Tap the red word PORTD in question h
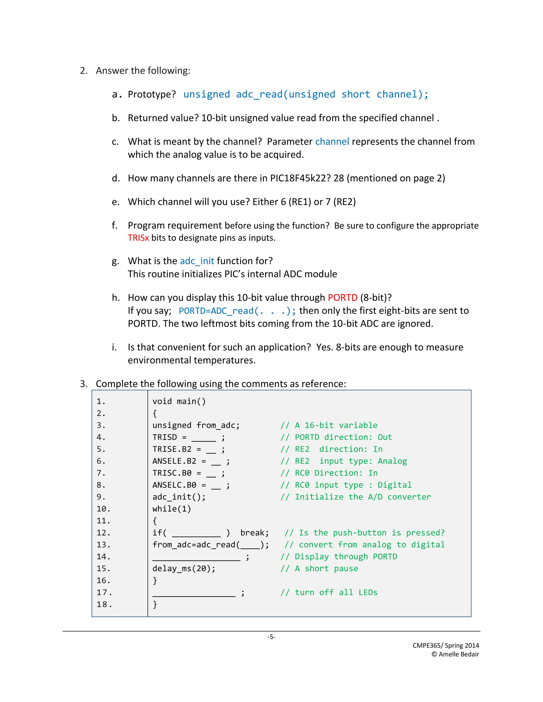[x=342, y=298]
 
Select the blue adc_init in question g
[x=197, y=261]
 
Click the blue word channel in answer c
[x=332, y=142]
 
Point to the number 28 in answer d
[x=339, y=178]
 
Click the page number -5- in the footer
[x=271, y=637]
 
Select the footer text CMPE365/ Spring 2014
[x=445, y=645]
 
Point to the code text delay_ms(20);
[x=184, y=568]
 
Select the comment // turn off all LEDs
[x=329, y=592]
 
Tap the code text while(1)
[x=172, y=509]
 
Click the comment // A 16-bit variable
[x=329, y=425]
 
